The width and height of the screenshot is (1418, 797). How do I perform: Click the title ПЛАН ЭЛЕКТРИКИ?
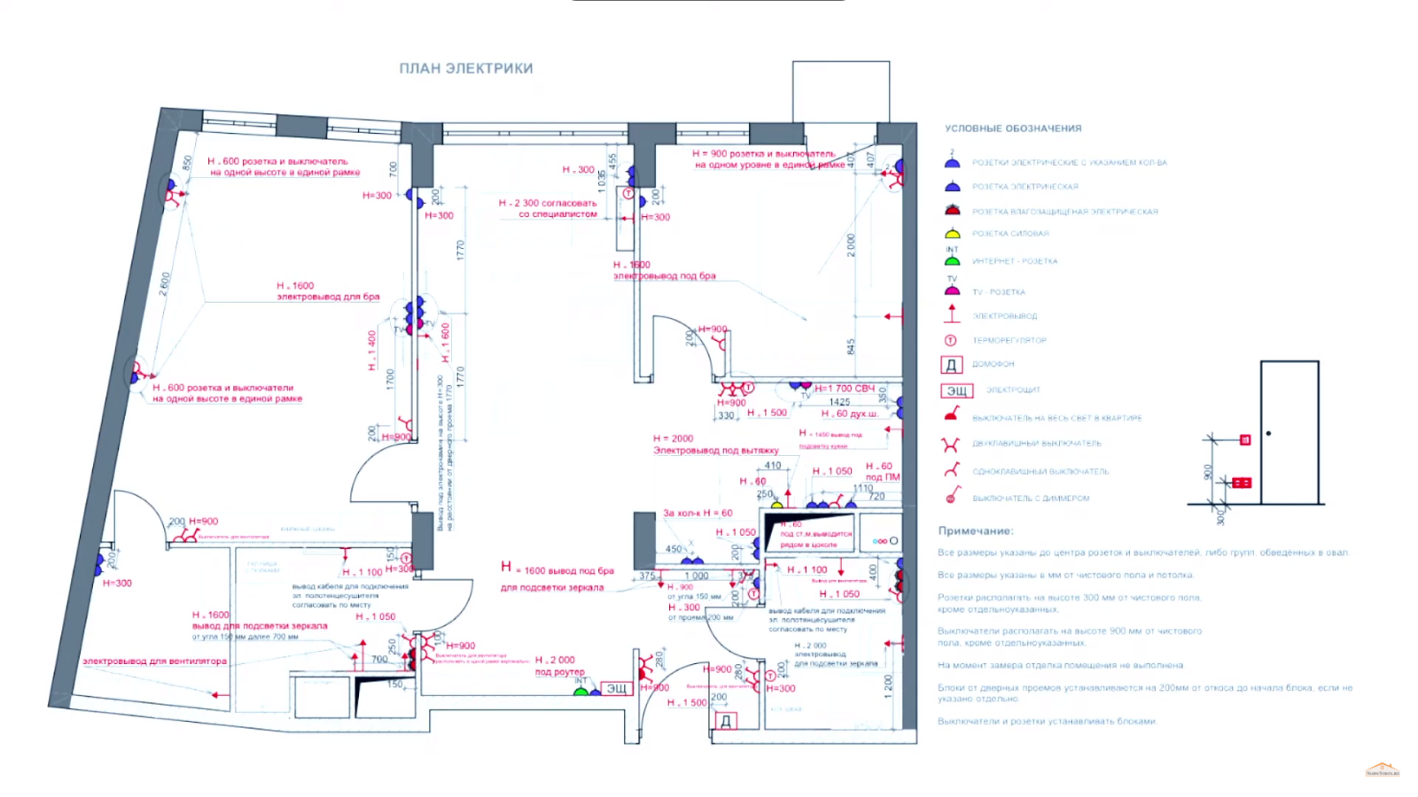click(466, 68)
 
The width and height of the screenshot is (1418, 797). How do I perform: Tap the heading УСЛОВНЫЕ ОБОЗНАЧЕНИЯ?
click(1013, 128)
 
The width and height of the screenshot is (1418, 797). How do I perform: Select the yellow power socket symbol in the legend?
click(952, 234)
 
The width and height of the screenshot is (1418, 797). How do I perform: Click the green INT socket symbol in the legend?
click(952, 261)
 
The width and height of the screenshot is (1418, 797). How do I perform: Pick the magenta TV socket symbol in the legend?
click(952, 290)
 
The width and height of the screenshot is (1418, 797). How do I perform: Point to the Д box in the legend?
click(951, 364)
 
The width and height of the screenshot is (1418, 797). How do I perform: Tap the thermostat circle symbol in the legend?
click(951, 340)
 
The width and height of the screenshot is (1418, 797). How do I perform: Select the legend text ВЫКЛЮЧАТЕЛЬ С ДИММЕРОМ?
click(1031, 499)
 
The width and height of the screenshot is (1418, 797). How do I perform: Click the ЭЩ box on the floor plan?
click(616, 688)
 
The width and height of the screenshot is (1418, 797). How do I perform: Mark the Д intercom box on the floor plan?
click(725, 721)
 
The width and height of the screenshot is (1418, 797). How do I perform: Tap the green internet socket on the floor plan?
click(580, 690)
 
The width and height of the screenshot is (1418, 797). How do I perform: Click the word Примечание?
click(975, 530)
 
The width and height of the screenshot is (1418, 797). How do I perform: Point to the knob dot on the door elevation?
click(1269, 433)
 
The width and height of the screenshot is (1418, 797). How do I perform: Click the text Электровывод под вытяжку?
click(715, 450)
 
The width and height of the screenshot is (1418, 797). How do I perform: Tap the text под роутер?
click(559, 672)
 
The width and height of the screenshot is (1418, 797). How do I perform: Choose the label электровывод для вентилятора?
click(154, 662)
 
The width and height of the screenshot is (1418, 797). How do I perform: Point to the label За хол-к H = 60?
click(697, 513)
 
